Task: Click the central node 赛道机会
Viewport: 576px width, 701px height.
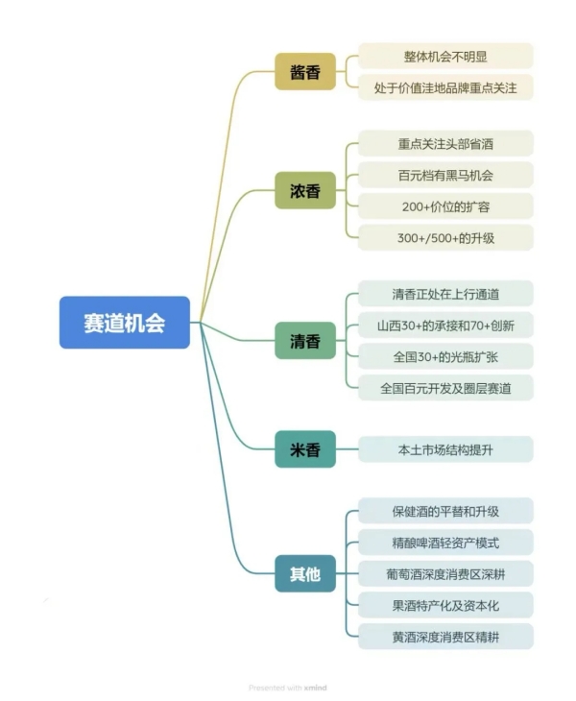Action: [125, 323]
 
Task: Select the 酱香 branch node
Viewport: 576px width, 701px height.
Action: [305, 72]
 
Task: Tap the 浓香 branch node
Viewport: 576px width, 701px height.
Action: [305, 189]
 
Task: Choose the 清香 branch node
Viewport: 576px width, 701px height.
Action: [305, 340]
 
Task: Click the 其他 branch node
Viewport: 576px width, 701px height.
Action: [305, 574]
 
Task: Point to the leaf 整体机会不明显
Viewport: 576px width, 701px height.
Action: [445, 56]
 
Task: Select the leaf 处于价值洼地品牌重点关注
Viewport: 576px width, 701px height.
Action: [445, 87]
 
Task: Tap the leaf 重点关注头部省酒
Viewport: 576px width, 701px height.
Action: [445, 143]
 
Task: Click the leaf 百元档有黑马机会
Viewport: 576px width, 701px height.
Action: [445, 175]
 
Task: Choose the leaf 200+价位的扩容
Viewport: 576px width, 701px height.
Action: [445, 205]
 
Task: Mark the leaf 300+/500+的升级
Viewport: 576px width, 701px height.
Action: [445, 237]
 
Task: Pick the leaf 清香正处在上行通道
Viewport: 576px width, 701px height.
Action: [445, 293]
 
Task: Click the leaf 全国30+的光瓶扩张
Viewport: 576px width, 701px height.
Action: [445, 356]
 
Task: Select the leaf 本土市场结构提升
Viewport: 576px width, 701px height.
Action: [445, 449]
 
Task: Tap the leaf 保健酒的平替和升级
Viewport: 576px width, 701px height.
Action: [445, 511]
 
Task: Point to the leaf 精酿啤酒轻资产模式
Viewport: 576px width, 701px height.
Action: [445, 543]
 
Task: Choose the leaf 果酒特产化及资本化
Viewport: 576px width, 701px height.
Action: [445, 605]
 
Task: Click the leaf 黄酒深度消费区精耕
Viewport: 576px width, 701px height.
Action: [445, 637]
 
